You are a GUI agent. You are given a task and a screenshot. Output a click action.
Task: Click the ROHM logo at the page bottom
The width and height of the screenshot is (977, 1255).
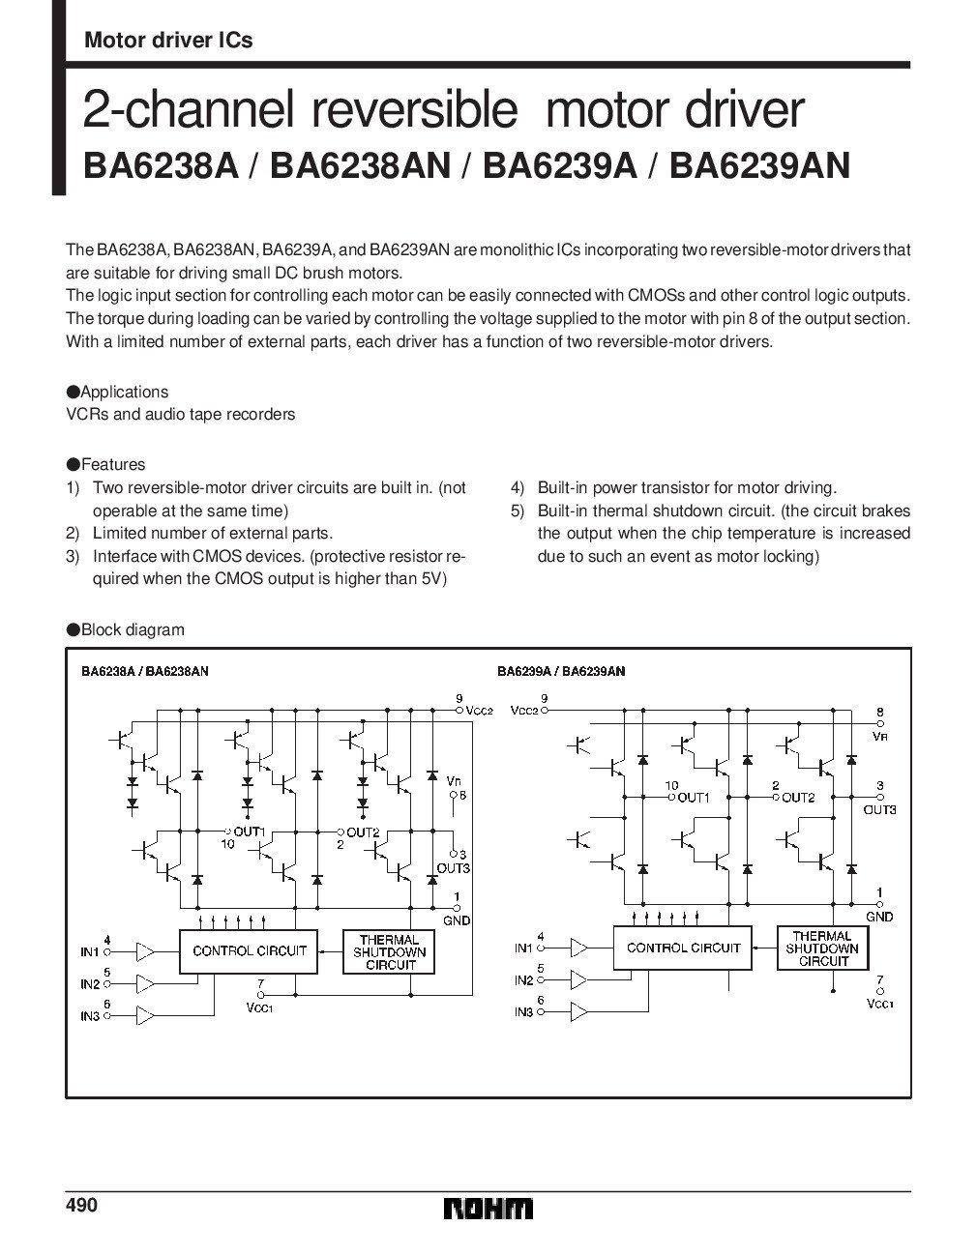tap(488, 1210)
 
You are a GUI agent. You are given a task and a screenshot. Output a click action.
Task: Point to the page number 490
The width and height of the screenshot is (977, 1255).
tap(82, 1206)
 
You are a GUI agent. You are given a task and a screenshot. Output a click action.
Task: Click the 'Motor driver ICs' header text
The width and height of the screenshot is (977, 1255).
tap(168, 40)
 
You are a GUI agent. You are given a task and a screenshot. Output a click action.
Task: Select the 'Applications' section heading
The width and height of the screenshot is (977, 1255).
tap(124, 392)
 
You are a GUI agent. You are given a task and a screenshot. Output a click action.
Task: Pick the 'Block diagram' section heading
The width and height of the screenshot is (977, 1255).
tap(132, 629)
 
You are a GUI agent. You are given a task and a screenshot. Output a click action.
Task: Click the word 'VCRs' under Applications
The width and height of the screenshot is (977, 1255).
tap(83, 414)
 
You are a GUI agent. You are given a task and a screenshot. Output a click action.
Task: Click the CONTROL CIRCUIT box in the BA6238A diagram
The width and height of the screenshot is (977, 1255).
tap(249, 950)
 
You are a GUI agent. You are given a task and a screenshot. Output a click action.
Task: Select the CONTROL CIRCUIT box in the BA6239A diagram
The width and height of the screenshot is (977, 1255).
tap(683, 948)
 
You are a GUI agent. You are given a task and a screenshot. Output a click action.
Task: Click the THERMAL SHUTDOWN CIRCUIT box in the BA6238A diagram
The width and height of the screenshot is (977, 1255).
tap(390, 951)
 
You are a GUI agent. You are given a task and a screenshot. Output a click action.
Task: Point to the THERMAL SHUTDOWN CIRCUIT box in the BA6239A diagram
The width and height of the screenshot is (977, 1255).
tap(824, 949)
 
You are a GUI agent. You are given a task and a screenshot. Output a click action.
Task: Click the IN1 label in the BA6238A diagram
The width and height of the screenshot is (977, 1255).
tap(90, 952)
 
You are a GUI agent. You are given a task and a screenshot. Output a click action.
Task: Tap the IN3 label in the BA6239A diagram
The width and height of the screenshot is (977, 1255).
tap(523, 1011)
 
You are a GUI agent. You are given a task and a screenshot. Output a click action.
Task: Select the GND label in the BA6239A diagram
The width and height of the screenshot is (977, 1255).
tap(879, 916)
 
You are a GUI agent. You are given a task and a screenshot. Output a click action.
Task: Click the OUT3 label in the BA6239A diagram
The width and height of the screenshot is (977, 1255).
tap(879, 809)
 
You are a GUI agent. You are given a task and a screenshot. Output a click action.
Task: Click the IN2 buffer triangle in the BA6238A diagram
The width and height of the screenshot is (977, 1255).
tap(144, 984)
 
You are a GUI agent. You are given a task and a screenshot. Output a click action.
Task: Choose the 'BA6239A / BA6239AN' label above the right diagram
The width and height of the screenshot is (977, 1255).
tap(560, 671)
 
